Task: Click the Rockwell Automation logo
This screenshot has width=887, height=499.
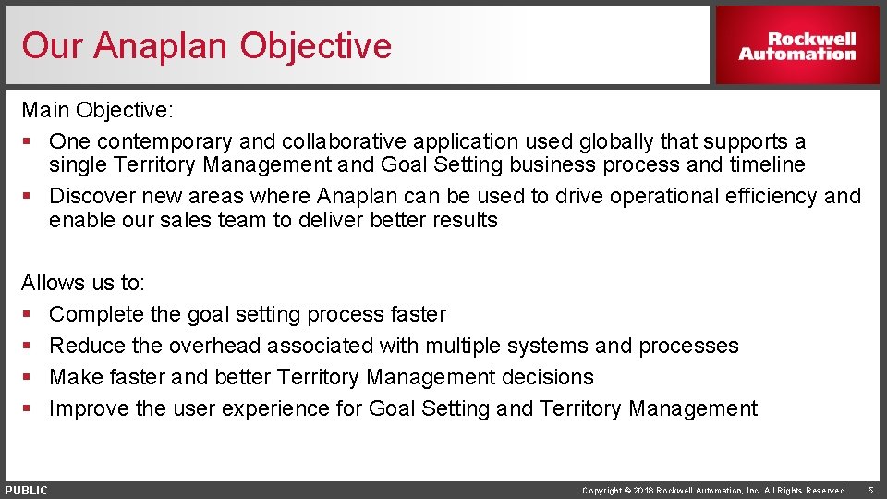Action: [x=796, y=46]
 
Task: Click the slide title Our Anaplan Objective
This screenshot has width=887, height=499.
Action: [x=207, y=45]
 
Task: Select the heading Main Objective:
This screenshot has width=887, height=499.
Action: [x=97, y=111]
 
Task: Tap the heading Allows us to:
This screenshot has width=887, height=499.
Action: [x=83, y=283]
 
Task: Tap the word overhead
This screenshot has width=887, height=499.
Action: [x=216, y=347]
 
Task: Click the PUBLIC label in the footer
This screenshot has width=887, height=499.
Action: [x=26, y=491]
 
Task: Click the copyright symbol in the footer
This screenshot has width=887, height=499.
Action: [x=627, y=491]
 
